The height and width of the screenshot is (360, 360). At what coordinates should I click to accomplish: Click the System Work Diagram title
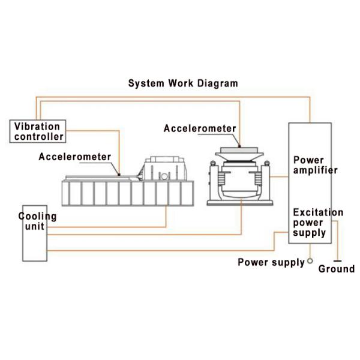point(183,83)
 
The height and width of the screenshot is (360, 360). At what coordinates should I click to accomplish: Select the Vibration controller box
point(37,131)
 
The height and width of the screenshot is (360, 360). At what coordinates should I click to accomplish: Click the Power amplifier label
point(314,165)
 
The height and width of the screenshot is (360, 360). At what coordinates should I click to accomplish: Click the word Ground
point(336,269)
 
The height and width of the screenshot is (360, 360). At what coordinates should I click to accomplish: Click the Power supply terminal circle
point(310,262)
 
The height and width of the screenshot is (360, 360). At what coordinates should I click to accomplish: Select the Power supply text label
point(271,262)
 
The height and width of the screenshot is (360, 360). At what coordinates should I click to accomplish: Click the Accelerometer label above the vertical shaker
point(200,128)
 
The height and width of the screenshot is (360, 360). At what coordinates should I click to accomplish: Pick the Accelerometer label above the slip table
point(75,157)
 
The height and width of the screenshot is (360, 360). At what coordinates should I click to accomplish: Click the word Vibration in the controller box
point(37,127)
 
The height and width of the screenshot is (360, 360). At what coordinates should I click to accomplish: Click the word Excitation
point(317,212)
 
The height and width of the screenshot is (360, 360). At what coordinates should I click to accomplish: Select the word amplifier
point(316,170)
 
